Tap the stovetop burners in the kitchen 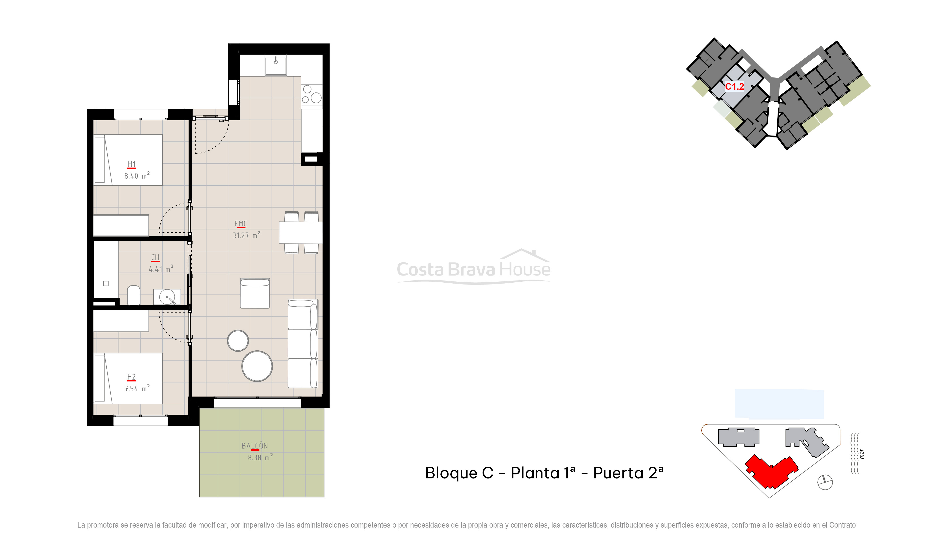[x=312, y=94]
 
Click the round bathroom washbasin [x=167, y=297]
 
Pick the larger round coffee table [x=257, y=366]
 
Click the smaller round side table [x=238, y=340]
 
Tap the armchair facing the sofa [x=255, y=293]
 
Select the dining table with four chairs [x=301, y=232]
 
